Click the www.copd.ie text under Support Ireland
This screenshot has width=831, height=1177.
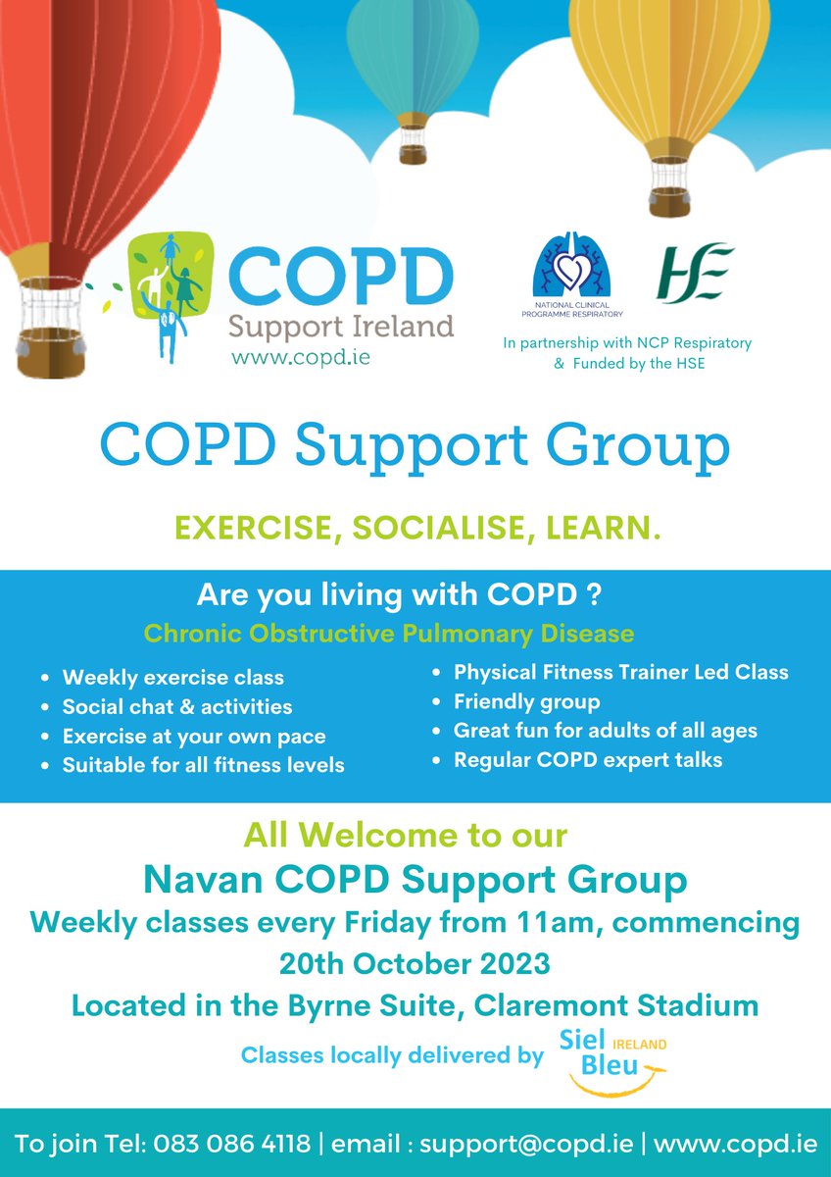301,357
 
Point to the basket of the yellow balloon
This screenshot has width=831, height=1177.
668,187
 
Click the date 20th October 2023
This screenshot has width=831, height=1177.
415,963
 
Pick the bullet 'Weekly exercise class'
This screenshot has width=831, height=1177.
172,678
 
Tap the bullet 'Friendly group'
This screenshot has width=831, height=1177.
526,702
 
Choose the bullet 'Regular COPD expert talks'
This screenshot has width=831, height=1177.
587,759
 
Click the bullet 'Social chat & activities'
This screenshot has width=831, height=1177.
176,706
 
